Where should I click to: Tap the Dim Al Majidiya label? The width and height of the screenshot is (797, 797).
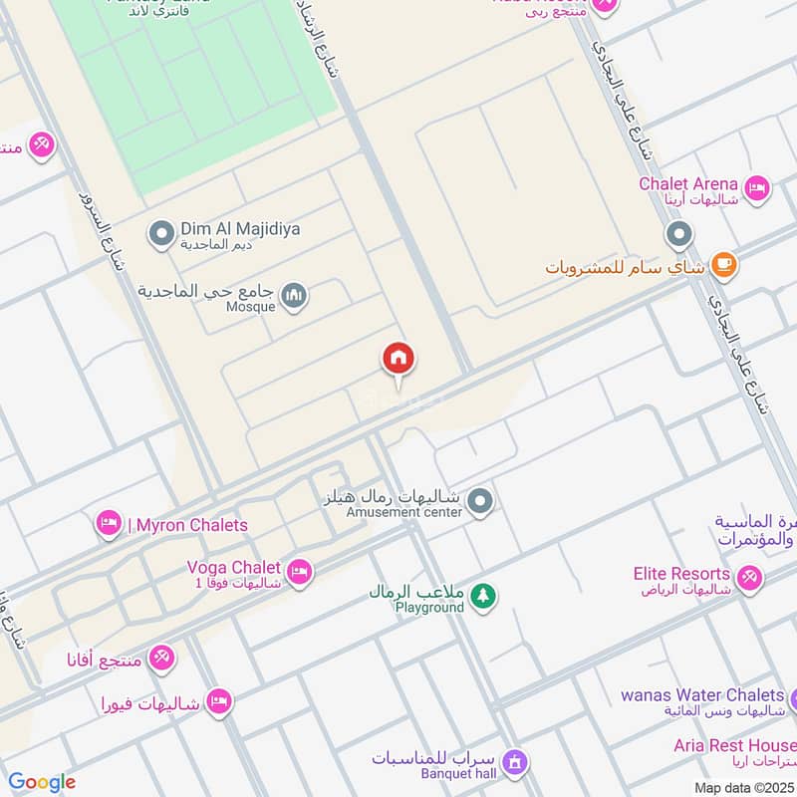point(240,229)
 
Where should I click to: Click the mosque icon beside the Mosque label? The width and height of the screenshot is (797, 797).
point(294,296)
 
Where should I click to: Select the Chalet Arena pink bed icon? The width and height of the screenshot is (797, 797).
point(757,187)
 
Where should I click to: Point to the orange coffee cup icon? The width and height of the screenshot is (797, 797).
point(724,266)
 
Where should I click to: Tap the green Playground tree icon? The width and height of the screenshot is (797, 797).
point(484,596)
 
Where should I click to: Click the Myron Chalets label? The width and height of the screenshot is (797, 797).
point(191,525)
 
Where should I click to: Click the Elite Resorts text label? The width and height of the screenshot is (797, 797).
point(681,574)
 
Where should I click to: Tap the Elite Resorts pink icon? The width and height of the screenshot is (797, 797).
point(748,576)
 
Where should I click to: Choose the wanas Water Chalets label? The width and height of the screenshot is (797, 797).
point(701,694)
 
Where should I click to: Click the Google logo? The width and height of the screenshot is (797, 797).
point(42,782)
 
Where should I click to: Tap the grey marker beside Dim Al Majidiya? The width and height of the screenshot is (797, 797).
point(160,235)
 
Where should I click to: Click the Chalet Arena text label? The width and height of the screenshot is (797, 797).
point(688,183)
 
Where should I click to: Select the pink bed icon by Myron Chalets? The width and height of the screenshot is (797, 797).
point(109,523)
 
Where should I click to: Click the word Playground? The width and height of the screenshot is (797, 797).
point(429,607)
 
